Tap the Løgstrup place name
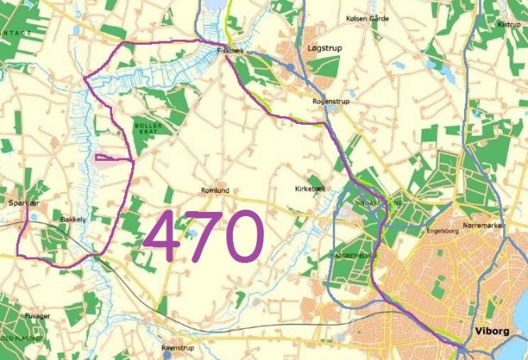(x=324, y=49)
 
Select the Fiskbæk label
(x=230, y=50)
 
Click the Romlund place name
(x=214, y=190)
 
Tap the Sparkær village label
(x=23, y=203)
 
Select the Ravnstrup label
(x=178, y=349)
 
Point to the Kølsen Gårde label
(x=366, y=18)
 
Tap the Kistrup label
(x=509, y=24)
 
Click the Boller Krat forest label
(x=147, y=130)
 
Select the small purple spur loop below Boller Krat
(x=112, y=158)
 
